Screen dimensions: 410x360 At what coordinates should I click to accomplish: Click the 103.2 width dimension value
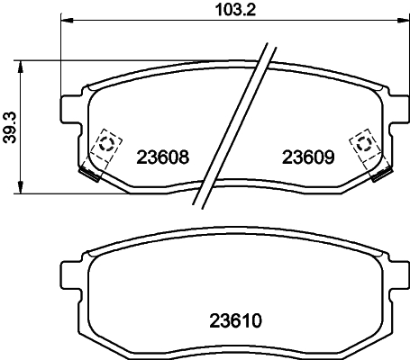coord(235,10)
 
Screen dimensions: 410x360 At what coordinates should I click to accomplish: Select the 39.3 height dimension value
coord(11,128)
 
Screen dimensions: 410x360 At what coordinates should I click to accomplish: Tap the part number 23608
coord(163,157)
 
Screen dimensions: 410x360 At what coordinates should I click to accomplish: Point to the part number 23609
coord(308,157)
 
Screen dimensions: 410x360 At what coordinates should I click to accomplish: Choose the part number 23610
coord(235,320)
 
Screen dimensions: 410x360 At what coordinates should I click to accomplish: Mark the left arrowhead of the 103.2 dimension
coord(67,21)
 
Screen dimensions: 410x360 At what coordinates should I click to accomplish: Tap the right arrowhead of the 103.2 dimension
coord(403,21)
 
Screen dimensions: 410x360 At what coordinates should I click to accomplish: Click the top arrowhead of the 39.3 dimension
coord(20,67)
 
